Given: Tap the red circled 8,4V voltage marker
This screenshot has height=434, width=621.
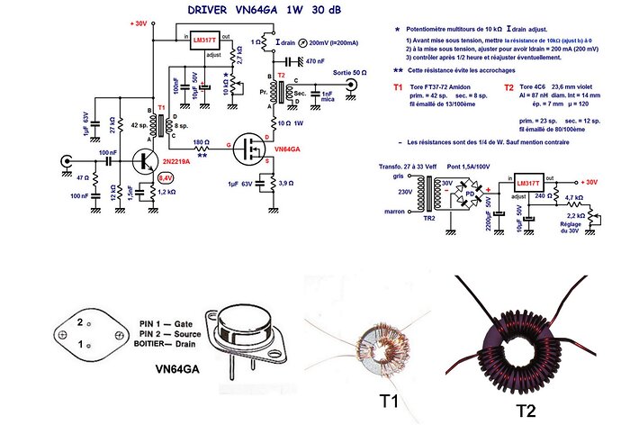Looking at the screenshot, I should [166, 178].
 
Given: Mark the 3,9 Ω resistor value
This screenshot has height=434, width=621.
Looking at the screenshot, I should [288, 184].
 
